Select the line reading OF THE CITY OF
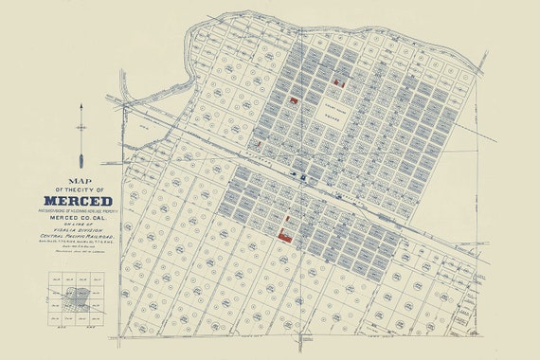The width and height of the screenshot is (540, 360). coord(83,188)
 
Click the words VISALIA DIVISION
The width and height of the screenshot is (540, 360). coord(84,237)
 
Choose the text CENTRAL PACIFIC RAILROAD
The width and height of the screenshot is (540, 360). coord(84,244)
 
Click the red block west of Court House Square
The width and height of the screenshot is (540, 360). coord(294,99)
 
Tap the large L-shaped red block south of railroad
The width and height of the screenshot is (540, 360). coord(284,228)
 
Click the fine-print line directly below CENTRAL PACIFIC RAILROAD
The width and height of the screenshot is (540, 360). coord(84,251)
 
